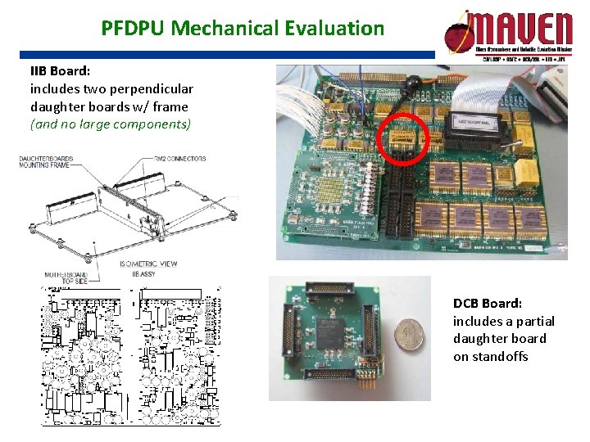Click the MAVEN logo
pos(508,33)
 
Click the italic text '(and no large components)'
pos(110,124)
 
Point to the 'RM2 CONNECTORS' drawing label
pos(179,158)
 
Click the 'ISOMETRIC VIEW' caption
pos(148,264)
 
